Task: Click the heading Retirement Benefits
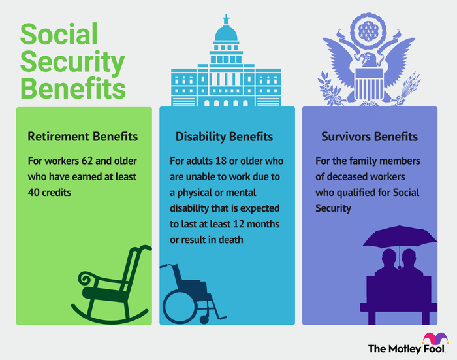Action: click(x=83, y=137)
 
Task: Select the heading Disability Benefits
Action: click(x=224, y=137)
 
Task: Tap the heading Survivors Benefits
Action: click(x=370, y=137)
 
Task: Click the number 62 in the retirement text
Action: click(x=87, y=161)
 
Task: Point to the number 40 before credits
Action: click(x=33, y=193)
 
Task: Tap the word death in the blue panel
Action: click(x=231, y=240)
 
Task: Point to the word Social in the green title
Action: click(x=59, y=35)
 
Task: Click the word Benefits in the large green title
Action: click(x=73, y=88)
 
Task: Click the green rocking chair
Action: click(x=112, y=285)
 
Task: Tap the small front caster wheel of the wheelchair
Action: click(x=204, y=319)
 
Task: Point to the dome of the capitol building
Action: click(x=226, y=33)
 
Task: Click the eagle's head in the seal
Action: click(x=368, y=60)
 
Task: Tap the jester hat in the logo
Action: click(x=435, y=338)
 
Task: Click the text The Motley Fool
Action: click(x=407, y=349)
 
